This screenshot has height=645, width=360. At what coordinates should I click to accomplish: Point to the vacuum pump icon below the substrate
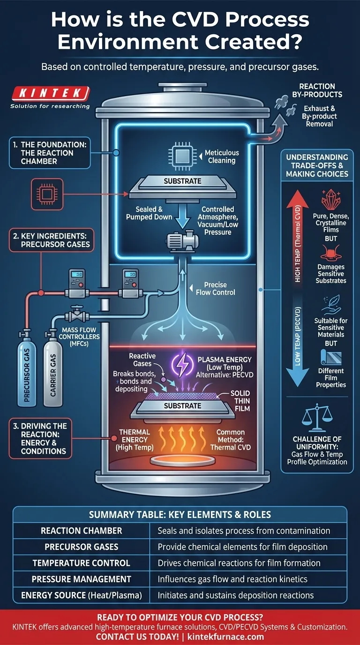click(x=180, y=243)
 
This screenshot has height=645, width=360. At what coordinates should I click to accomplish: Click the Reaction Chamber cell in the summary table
click(x=82, y=531)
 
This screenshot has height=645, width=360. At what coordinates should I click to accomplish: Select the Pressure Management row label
click(x=82, y=579)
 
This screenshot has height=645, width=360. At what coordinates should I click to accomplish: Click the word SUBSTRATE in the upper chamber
click(x=182, y=181)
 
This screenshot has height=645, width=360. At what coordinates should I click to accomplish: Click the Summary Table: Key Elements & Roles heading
click(x=180, y=514)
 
